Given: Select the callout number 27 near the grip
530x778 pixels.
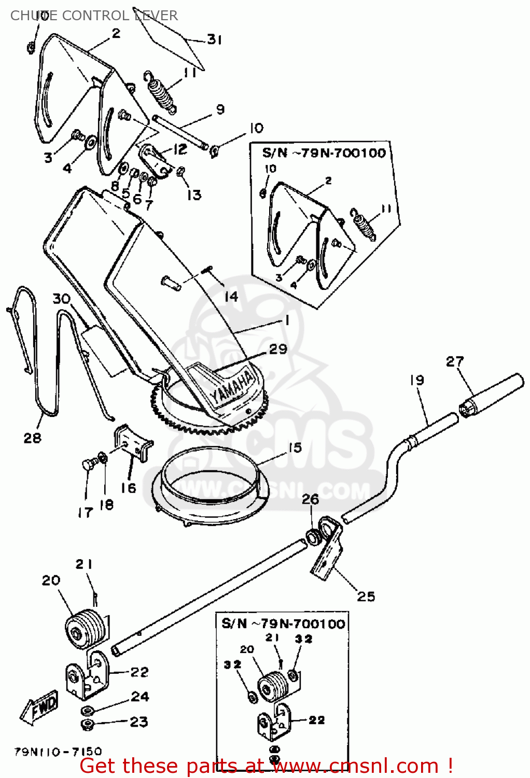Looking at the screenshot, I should point(455,362).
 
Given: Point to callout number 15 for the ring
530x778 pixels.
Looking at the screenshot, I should point(295,448).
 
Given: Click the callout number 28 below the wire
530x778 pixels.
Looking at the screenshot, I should point(32,438).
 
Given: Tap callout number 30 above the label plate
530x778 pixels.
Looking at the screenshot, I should point(61,299).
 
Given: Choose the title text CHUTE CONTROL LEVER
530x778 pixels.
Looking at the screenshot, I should point(94,16).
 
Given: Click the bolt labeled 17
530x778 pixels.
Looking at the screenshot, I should point(88,464).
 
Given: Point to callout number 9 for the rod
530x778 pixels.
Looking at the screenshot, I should point(220,109).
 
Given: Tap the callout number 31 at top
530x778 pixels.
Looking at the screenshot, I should point(214,39).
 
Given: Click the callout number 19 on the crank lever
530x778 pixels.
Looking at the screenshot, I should point(416,380).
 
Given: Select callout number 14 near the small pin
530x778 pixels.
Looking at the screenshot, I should point(231,296).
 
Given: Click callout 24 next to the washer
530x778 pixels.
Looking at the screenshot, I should point(140,697).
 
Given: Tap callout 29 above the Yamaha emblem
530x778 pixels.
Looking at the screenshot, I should point(278,349).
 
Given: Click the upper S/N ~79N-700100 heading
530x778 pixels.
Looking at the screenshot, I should point(324,153).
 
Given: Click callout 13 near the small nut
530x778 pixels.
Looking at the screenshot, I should point(194,195).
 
